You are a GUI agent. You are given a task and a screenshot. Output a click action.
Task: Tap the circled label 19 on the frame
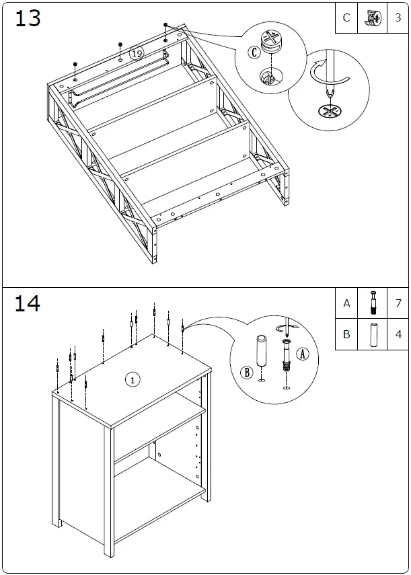tap(137, 52)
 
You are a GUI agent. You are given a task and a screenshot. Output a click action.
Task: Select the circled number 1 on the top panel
tap(133, 380)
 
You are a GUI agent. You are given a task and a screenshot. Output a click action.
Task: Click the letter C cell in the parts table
tap(346, 18)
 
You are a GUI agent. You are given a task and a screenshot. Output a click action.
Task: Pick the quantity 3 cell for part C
tap(398, 18)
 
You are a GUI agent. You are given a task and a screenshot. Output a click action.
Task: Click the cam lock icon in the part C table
tap(371, 18)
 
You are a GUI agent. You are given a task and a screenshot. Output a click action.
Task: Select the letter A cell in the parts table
tap(346, 303)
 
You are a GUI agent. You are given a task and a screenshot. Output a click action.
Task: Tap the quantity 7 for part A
tap(398, 303)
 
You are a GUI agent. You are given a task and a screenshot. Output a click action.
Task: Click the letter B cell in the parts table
tap(346, 334)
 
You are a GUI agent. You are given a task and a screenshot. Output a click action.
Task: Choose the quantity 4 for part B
tap(398, 334)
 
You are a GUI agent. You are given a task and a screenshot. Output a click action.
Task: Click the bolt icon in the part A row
tap(372, 303)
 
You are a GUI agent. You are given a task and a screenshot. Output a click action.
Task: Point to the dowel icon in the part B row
tap(372, 334)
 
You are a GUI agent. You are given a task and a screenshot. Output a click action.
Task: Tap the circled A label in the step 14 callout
tap(303, 354)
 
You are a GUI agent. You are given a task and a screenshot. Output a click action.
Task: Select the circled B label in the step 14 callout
tap(246, 371)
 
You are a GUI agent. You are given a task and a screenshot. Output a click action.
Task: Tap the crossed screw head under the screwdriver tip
tap(329, 110)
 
